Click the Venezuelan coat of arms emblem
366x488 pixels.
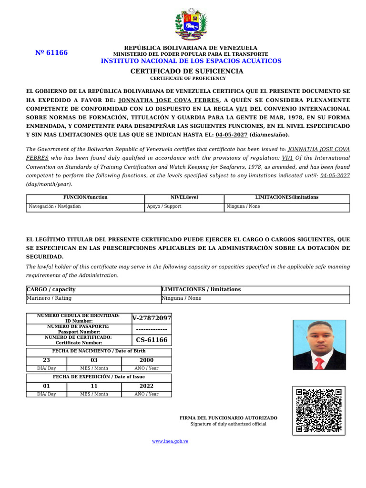click(x=191, y=24)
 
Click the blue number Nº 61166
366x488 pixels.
click(x=51, y=53)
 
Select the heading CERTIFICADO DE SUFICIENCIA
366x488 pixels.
click(x=187, y=71)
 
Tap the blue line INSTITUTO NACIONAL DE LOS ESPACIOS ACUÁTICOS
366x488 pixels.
click(x=191, y=61)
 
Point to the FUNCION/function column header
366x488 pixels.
click(x=85, y=197)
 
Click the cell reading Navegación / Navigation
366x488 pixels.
click(x=55, y=206)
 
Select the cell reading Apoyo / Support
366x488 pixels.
click(x=164, y=206)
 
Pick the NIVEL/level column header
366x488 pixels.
click(x=184, y=197)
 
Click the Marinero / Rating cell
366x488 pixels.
click(x=49, y=298)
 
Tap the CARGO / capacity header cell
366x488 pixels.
click(x=51, y=289)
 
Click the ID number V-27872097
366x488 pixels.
click(x=152, y=318)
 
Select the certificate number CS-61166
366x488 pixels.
click(x=152, y=340)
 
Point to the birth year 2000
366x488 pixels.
click(x=146, y=360)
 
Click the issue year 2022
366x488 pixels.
click(x=146, y=386)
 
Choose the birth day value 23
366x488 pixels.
click(x=46, y=360)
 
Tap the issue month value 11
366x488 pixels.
click(x=94, y=386)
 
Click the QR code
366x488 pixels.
click(x=319, y=410)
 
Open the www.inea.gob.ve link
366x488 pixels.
click(x=170, y=441)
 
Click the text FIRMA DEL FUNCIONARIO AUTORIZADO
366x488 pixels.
click(x=228, y=418)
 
